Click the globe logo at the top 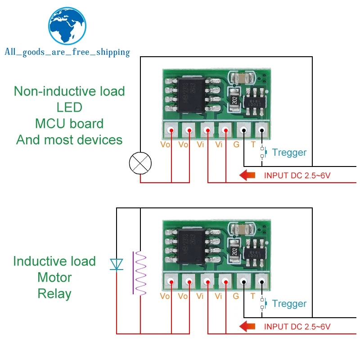67,27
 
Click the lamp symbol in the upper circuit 141,162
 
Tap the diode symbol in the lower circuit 117,265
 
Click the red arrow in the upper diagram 248,175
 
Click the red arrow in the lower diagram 248,326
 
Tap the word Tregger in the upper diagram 289,153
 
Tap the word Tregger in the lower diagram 289,304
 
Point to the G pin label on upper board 236,145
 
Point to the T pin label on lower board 252,296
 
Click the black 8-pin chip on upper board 188,96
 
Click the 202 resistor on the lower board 234,250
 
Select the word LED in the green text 69,107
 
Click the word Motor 54,277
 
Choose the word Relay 54,294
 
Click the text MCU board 69,123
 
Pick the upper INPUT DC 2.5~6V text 297,175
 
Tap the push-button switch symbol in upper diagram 263,153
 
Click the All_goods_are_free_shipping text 67,53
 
